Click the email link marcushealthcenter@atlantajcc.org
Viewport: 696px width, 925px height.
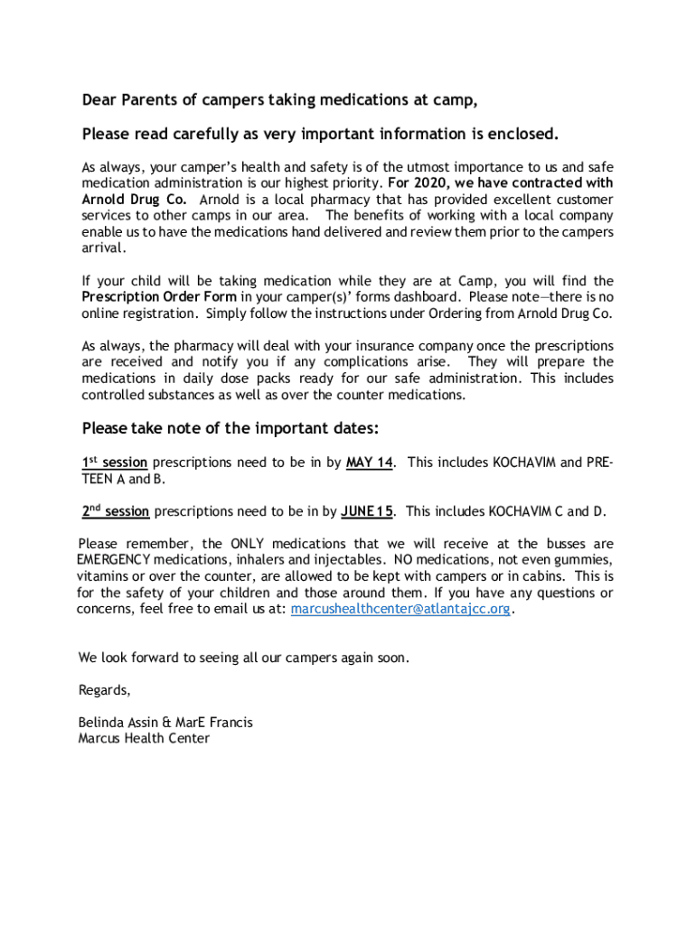pyautogui.click(x=400, y=609)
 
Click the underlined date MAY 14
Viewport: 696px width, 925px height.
pyautogui.click(x=370, y=462)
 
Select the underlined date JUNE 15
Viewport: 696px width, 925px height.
pyautogui.click(x=367, y=511)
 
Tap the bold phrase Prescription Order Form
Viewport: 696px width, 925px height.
pyautogui.click(x=159, y=296)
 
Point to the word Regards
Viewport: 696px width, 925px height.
pyautogui.click(x=104, y=690)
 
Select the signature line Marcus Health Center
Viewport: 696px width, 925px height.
pyautogui.click(x=144, y=738)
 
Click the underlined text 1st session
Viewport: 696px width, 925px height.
pyautogui.click(x=115, y=462)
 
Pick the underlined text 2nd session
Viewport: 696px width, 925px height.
pyautogui.click(x=116, y=511)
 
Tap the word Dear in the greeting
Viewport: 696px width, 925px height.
pyautogui.click(x=99, y=100)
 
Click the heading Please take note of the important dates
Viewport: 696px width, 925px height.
pyautogui.click(x=230, y=427)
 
